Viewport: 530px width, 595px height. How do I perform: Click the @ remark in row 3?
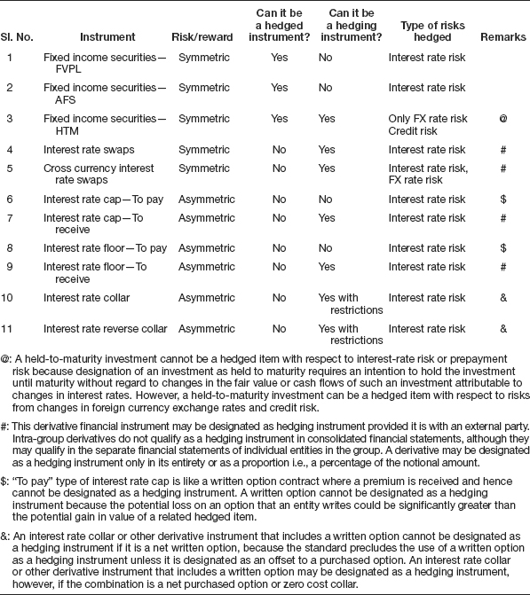[502, 118]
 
